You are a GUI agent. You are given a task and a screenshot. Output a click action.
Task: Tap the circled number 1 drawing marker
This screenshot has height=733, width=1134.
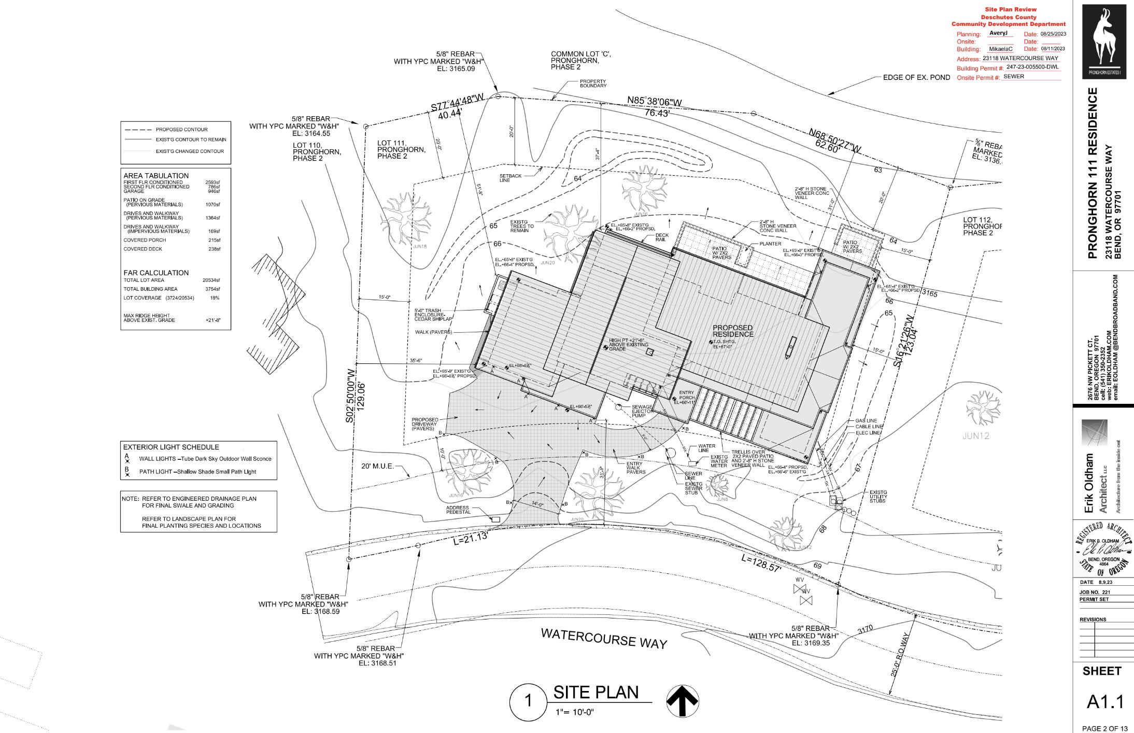tap(528, 701)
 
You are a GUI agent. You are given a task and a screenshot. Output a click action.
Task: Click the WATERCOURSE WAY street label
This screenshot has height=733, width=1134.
tap(604, 638)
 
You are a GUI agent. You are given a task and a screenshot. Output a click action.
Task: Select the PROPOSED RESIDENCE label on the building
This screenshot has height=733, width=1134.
tap(732, 331)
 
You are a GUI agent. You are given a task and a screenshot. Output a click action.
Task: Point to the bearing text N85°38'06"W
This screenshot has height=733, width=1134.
tap(655, 102)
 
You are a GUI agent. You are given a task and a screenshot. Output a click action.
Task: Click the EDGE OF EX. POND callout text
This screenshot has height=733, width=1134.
tap(916, 78)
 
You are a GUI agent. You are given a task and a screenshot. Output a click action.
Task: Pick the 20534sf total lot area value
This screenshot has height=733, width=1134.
tap(211, 280)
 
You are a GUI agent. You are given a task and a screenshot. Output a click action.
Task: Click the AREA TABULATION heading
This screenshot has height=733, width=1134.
tap(156, 176)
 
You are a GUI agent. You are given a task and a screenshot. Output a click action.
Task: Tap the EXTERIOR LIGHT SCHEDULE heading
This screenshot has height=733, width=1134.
tap(171, 447)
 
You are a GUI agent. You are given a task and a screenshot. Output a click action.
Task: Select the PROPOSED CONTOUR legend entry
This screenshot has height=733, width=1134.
tap(181, 130)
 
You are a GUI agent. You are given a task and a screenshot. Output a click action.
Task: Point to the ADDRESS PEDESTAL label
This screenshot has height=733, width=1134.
tap(458, 510)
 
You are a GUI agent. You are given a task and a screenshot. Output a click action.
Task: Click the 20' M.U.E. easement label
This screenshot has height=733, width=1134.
tap(377, 466)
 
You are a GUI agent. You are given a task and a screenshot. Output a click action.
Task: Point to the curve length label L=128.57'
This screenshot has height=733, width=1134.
tap(761, 563)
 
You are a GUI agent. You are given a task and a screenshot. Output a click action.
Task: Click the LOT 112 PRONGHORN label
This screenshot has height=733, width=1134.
tap(981, 227)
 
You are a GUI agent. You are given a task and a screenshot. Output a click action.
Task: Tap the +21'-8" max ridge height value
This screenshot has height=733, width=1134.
tap(213, 320)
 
